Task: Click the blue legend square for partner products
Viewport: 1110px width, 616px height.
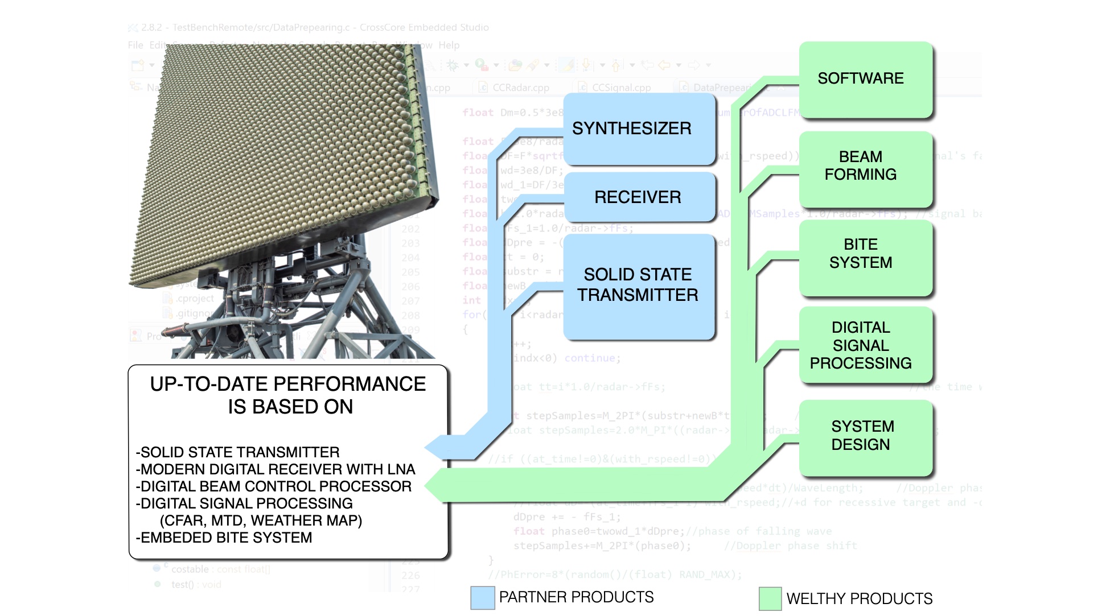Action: [483, 598]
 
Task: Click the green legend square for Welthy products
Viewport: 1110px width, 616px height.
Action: [770, 599]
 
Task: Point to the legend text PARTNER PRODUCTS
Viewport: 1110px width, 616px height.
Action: [576, 597]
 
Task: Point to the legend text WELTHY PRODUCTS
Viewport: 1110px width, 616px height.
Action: [859, 599]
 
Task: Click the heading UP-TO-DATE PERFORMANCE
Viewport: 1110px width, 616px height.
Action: [288, 385]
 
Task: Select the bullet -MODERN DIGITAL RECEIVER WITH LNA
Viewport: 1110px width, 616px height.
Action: [276, 470]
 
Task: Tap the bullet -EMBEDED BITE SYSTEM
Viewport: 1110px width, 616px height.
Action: [224, 538]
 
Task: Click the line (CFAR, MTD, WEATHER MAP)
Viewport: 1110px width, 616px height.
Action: [261, 521]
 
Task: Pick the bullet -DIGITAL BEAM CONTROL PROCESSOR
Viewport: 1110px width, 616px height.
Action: [274, 487]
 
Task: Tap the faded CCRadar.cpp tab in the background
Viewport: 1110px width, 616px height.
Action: [520, 88]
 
